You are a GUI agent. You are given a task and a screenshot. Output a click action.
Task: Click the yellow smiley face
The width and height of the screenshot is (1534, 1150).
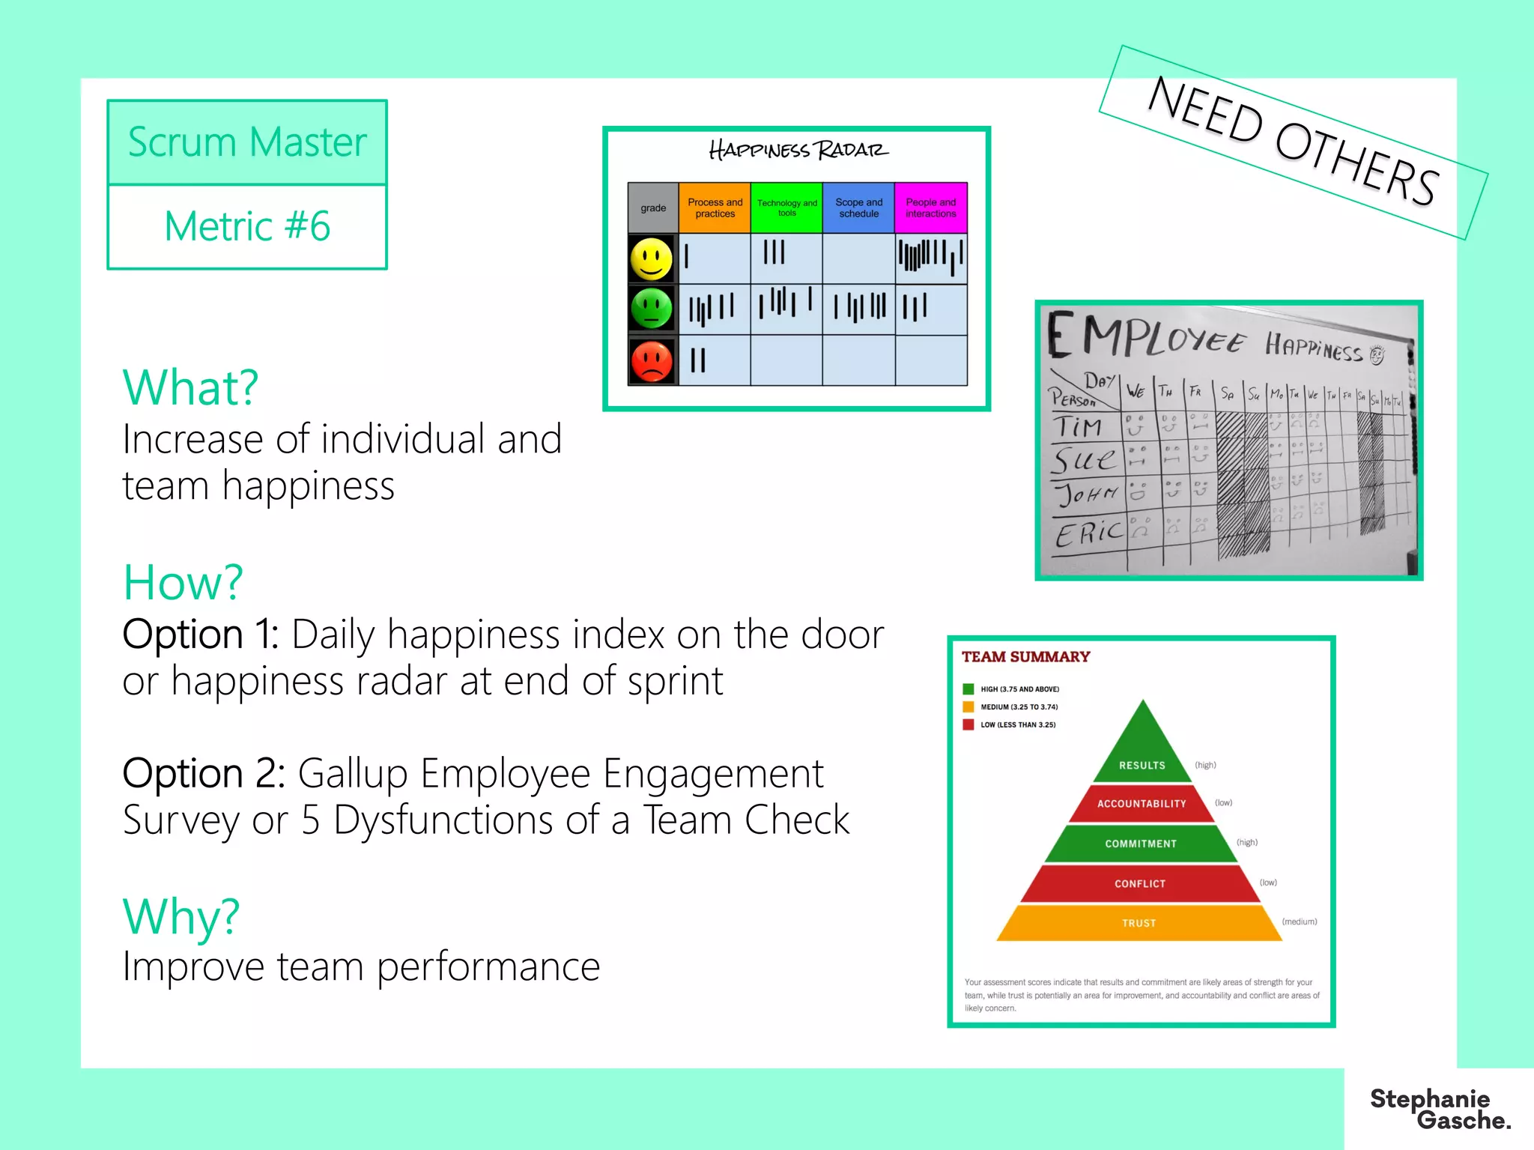[652, 259]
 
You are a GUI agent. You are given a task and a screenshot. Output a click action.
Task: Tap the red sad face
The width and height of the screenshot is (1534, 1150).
[652, 361]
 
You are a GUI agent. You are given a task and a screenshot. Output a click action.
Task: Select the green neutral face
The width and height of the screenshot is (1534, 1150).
[652, 309]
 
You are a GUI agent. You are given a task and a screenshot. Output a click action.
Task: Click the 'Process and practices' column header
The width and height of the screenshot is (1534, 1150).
[715, 208]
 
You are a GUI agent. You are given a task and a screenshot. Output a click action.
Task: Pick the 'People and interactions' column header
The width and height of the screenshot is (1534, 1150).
[930, 208]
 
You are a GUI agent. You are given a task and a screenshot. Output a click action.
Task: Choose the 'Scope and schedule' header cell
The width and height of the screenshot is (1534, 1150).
[858, 208]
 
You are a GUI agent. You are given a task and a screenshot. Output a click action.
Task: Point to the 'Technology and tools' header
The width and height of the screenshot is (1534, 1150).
[786, 208]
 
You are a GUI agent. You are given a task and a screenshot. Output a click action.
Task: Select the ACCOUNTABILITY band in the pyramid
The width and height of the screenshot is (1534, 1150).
[1142, 803]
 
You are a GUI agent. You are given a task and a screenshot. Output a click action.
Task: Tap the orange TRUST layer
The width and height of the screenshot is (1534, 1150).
[1139, 923]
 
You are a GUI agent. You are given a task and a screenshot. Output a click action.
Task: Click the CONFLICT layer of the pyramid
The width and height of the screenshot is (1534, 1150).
[1140, 883]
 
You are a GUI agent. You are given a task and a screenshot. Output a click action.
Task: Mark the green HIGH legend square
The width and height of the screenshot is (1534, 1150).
[968, 689]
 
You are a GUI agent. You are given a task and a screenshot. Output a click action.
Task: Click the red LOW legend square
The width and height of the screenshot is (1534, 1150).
[968, 724]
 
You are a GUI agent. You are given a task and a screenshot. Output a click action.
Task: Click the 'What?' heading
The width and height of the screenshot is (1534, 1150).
[190, 387]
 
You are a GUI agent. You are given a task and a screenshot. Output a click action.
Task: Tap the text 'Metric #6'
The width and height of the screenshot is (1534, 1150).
[247, 226]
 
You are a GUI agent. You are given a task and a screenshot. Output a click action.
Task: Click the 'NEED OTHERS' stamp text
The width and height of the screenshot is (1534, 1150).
[1292, 142]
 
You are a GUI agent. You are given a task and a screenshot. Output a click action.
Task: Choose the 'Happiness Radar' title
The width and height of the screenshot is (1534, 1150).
[798, 151]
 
